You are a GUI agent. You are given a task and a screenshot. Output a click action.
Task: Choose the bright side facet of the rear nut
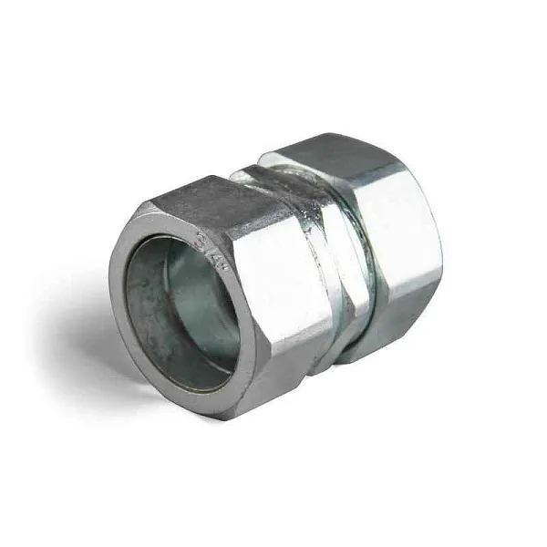(401, 237)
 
